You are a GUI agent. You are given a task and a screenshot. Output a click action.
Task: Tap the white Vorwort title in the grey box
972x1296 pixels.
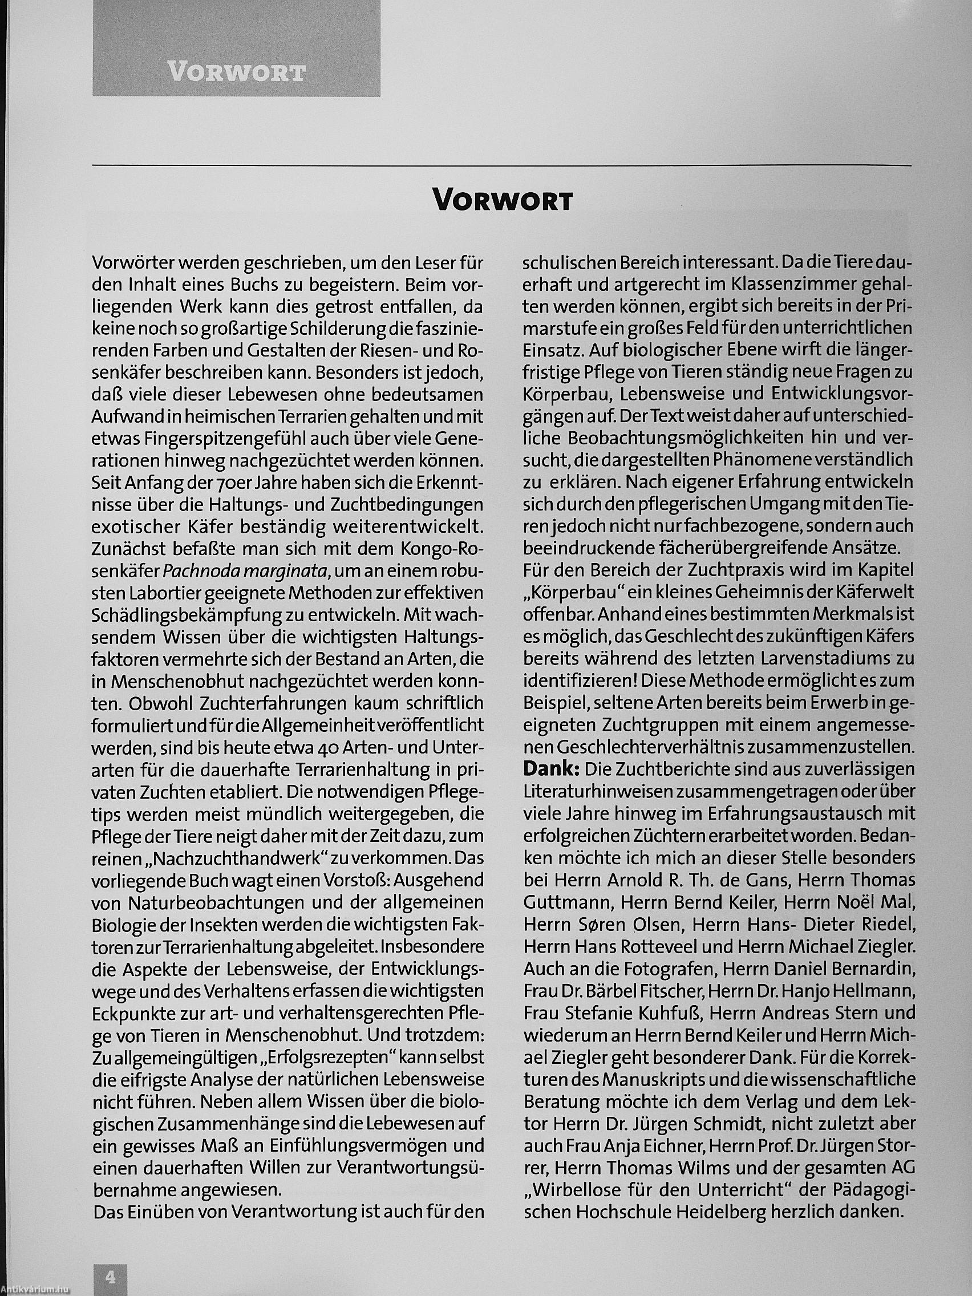point(236,72)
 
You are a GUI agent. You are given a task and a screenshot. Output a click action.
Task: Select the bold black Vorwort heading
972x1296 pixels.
point(502,200)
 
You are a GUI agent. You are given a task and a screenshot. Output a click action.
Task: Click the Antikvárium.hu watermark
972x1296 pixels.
point(35,1291)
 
